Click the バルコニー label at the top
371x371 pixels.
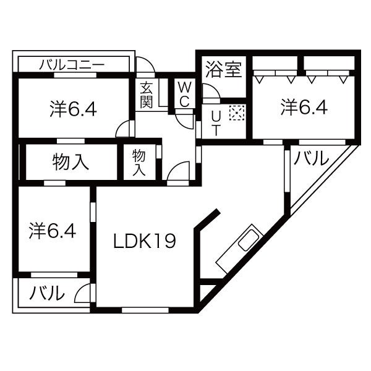[73, 64]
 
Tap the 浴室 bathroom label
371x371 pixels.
[224, 69]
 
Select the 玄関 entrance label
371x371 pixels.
[147, 95]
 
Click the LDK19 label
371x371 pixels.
[144, 241]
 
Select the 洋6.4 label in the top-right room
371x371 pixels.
[304, 108]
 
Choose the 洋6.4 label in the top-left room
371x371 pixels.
[72, 109]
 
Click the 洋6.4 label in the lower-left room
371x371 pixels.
[53, 231]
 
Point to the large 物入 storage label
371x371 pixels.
[70, 163]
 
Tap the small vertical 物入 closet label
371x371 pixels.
[139, 163]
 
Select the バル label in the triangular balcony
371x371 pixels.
[311, 160]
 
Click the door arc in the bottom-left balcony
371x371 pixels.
[83, 294]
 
